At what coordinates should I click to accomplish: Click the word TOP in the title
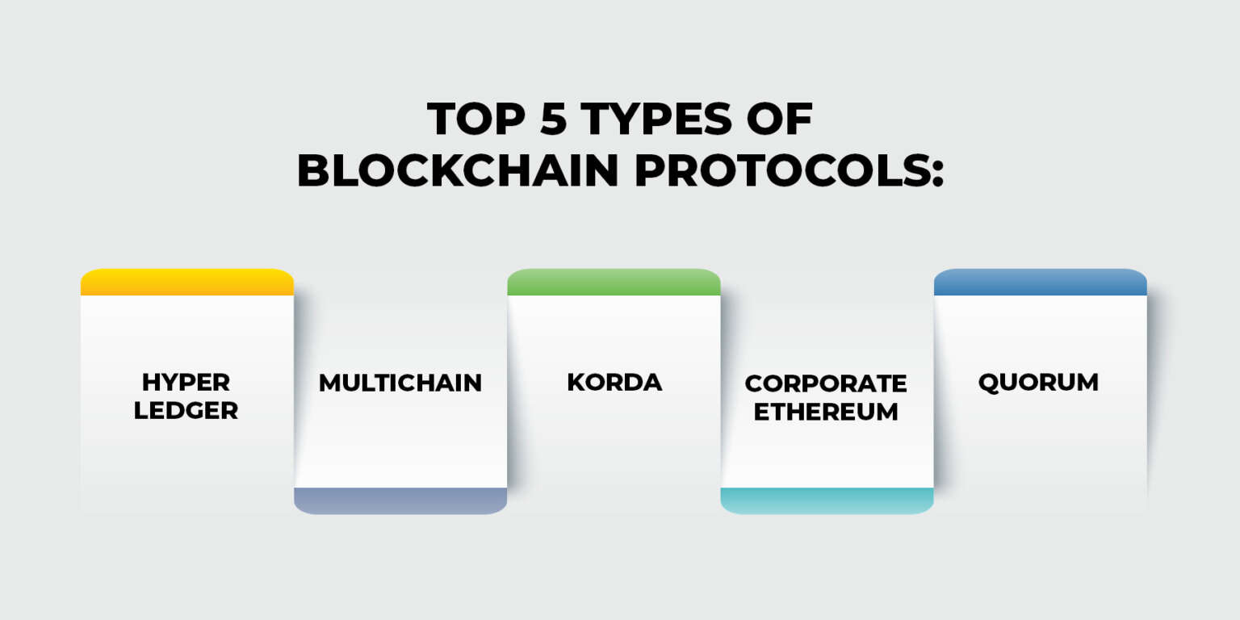tap(476, 119)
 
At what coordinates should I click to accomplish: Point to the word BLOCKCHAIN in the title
tap(458, 170)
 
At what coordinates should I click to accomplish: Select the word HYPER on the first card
tap(186, 382)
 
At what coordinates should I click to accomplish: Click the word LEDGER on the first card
tap(186, 411)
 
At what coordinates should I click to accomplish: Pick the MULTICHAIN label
tap(400, 383)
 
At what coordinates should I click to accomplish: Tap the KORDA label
tap(614, 382)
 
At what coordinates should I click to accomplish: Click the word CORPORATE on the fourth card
tap(826, 383)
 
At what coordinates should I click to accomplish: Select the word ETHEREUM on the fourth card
tap(826, 412)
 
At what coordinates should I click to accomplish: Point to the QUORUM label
tap(1038, 383)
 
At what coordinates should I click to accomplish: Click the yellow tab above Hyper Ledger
tap(187, 283)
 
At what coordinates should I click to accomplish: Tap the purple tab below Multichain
tap(400, 501)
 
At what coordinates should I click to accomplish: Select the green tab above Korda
tap(614, 283)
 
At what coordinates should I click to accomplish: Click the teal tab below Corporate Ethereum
tap(827, 501)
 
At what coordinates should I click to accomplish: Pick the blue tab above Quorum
tap(1041, 283)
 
